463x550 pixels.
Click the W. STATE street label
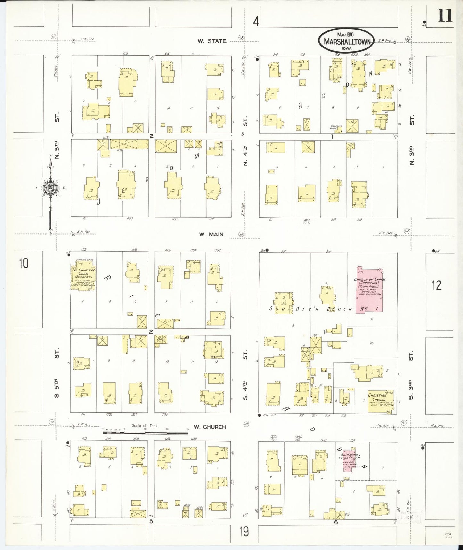click(212, 41)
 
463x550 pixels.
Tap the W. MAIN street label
click(211, 235)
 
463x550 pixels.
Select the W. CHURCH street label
click(210, 427)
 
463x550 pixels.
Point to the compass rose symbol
click(50, 188)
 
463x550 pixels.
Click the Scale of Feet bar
click(145, 433)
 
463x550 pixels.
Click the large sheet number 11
click(445, 16)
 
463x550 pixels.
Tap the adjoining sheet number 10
click(23, 263)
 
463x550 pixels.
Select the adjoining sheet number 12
click(436, 285)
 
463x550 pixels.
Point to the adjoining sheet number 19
click(244, 531)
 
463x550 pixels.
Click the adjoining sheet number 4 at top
click(256, 21)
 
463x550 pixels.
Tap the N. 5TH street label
click(57, 150)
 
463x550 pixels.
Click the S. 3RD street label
click(411, 390)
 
